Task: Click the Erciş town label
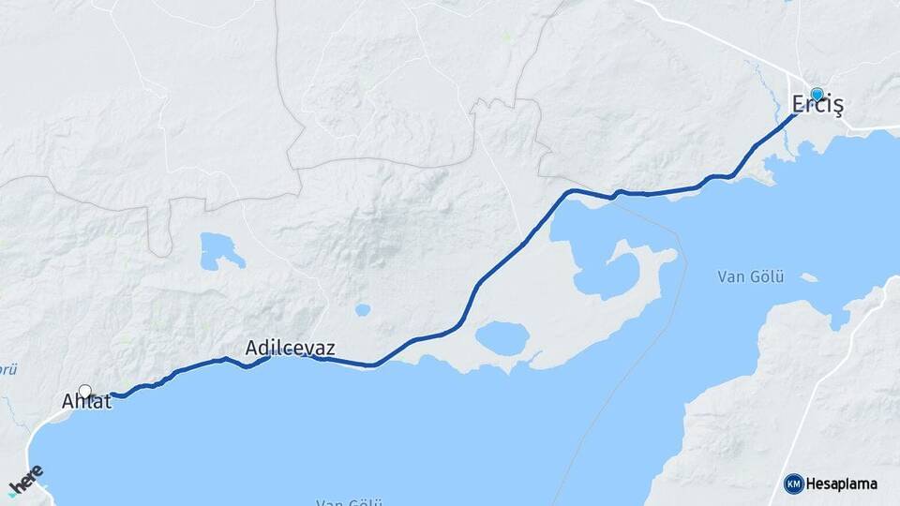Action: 817,106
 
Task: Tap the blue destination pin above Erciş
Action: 817,95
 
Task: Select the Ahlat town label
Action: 86,402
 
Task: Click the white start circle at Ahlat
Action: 85,392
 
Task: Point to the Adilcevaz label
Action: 290,348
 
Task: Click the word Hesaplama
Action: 841,484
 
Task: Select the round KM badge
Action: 793,484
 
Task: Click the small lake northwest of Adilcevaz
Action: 220,250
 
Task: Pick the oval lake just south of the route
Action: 502,338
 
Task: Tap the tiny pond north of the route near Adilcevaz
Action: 362,310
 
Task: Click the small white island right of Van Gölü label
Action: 807,277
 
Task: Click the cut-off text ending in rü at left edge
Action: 7,369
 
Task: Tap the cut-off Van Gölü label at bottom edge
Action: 344,502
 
